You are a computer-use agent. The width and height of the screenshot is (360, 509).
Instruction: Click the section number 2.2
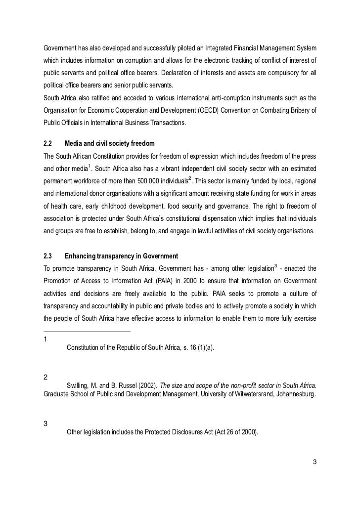click(48, 143)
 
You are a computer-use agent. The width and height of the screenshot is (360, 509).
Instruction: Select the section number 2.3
click(48, 256)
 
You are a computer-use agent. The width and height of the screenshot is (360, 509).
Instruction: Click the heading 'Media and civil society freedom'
click(110, 143)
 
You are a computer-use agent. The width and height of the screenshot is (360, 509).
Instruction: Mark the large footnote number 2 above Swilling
click(46, 377)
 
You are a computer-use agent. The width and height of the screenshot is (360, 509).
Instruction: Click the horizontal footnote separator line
click(87, 332)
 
